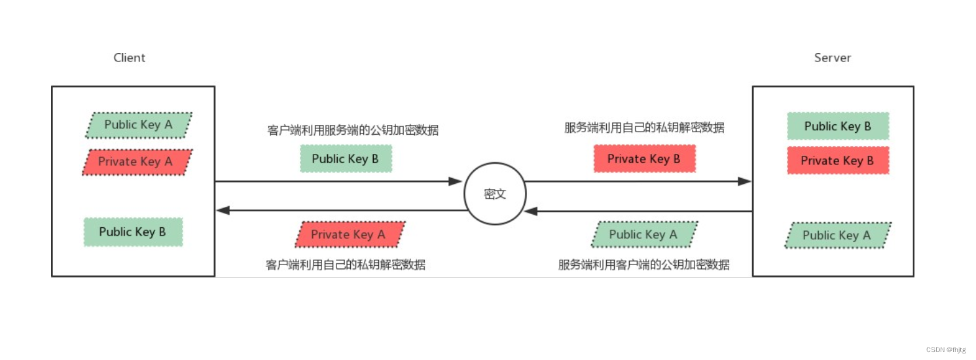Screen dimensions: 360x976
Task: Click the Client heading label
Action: point(130,58)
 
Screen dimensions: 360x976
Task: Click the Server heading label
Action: point(833,58)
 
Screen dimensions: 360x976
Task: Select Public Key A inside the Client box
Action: point(139,125)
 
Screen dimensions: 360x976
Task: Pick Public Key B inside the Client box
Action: point(133,232)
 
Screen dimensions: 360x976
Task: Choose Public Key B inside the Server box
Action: point(838,126)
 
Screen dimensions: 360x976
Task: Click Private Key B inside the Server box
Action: point(838,160)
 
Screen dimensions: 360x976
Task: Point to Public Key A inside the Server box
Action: point(837,236)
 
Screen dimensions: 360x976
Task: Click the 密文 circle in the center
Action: point(495,194)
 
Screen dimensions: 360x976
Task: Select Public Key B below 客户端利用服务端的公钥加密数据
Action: point(346,158)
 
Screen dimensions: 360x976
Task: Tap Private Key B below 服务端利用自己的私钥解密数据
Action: point(644,158)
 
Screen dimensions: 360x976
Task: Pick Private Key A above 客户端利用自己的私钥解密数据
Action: point(349,234)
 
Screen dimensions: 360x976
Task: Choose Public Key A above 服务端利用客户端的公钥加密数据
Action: point(643,234)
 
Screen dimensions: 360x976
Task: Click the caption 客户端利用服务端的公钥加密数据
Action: point(353,130)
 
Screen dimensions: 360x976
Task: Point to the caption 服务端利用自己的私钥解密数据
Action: point(644,128)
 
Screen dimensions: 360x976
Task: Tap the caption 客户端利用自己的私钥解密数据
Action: point(346,264)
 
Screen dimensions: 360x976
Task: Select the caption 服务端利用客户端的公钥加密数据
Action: point(644,264)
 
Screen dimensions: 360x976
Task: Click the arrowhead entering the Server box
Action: point(745,181)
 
